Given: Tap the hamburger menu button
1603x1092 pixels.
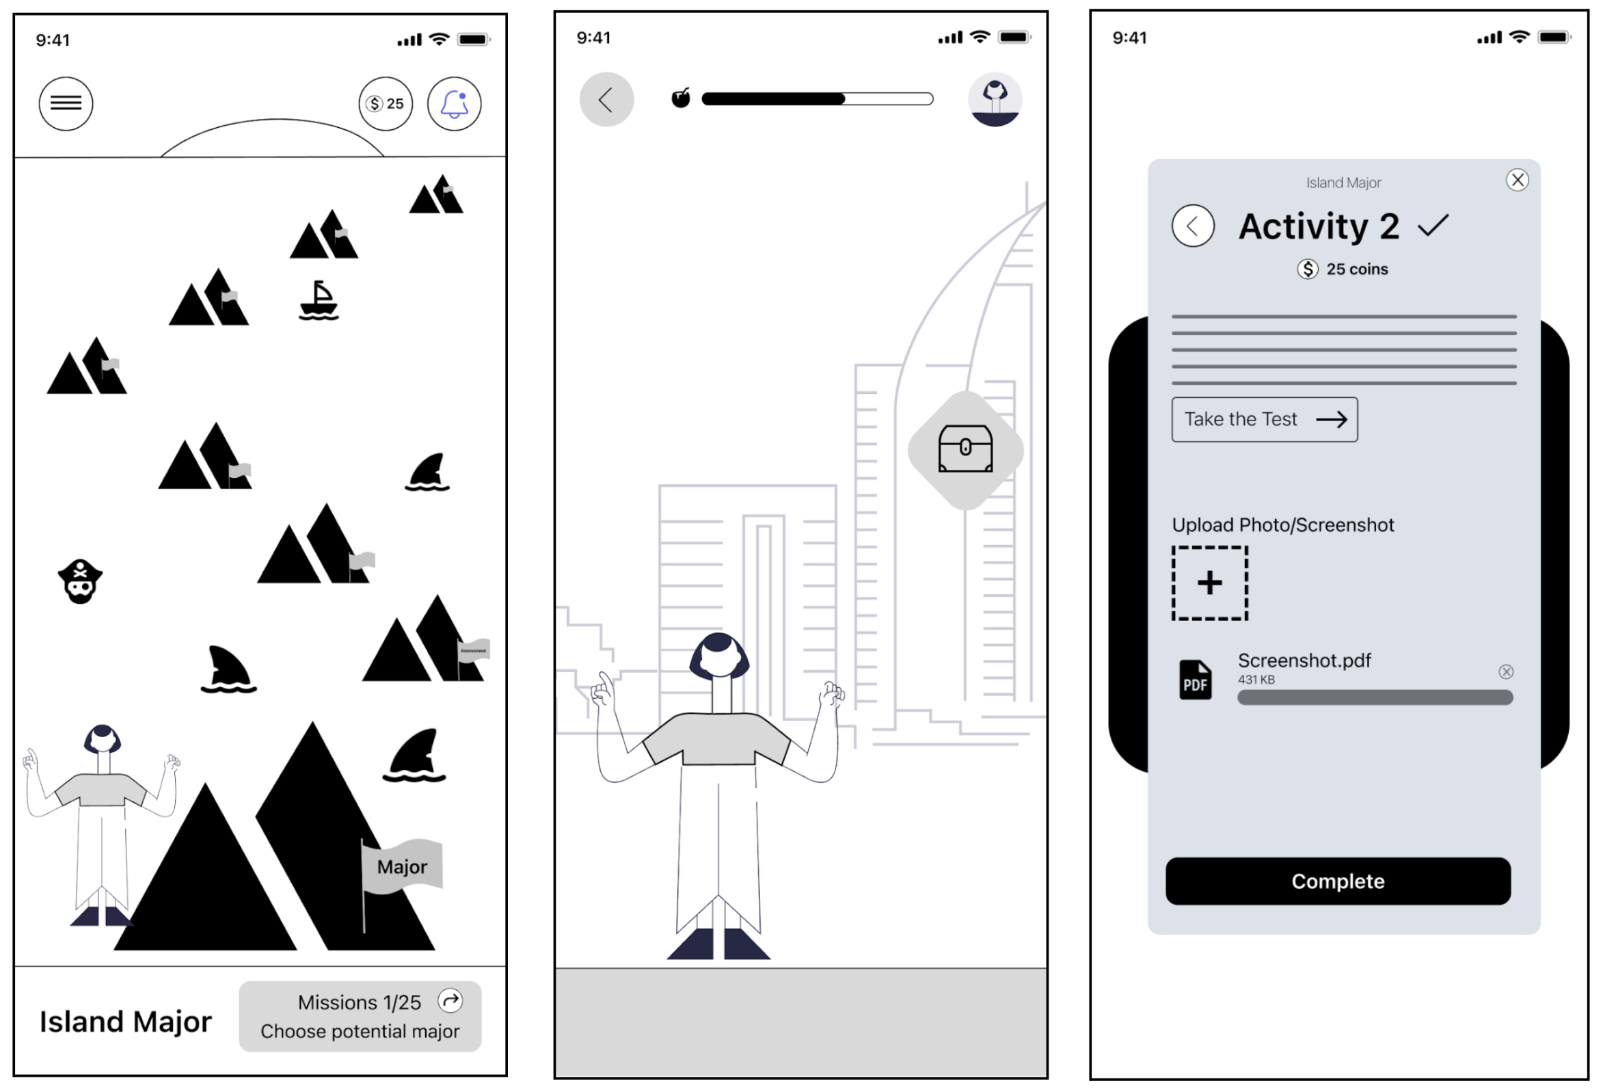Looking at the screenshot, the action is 66,103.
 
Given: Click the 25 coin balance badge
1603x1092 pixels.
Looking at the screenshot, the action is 386,103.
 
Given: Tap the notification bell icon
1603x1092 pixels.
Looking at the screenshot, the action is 454,103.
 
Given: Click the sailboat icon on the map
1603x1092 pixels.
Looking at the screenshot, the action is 318,301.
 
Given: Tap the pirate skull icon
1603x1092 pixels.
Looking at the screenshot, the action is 80,581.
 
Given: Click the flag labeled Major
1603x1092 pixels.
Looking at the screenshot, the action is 402,866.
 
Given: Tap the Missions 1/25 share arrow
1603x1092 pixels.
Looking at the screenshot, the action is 450,1000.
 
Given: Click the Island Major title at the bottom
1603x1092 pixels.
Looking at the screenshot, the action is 125,1022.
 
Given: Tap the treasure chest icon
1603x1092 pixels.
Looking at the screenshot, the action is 965,449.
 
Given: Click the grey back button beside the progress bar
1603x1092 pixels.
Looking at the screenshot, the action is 606,99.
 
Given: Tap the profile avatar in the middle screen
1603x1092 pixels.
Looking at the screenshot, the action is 995,99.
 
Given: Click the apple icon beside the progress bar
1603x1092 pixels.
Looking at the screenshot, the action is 681,98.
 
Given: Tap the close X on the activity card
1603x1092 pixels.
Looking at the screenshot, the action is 1517,180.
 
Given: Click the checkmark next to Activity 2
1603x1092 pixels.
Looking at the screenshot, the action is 1433,226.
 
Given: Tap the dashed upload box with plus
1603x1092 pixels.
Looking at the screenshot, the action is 1210,583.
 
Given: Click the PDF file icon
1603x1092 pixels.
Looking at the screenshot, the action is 1195,680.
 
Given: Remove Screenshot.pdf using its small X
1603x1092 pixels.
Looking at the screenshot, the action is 1506,672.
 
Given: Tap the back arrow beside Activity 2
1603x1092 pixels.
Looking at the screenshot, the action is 1193,226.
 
